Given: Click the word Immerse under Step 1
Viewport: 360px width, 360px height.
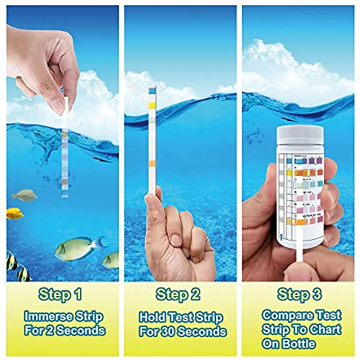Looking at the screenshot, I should point(48,316).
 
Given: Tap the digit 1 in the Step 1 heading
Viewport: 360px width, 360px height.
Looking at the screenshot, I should point(77,295).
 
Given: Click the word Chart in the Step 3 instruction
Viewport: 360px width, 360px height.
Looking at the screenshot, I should point(325,329).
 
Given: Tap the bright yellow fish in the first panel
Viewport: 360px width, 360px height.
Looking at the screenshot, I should point(14,213).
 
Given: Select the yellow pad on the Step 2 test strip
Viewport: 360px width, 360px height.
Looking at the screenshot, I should point(152,105).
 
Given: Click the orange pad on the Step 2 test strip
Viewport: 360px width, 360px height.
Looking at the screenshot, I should point(152,163).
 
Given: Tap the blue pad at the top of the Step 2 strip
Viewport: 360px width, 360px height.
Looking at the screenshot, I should point(152,90).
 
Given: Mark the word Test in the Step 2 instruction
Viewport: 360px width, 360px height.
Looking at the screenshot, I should point(181,317).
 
